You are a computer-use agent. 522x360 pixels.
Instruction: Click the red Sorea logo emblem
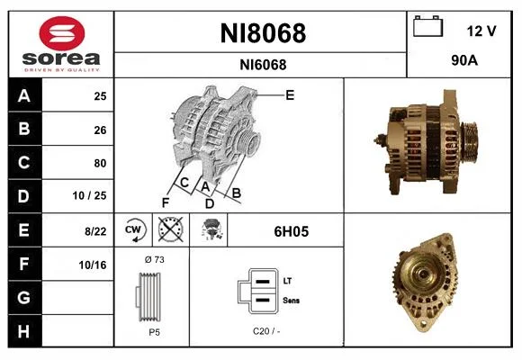click(x=62, y=33)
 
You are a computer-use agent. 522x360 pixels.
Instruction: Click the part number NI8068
click(x=263, y=33)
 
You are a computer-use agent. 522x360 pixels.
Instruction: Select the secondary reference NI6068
click(x=263, y=65)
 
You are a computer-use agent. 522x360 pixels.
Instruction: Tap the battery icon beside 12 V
click(x=427, y=26)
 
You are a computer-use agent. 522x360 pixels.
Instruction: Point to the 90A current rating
click(x=464, y=60)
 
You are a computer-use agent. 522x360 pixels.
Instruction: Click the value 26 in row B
click(x=100, y=130)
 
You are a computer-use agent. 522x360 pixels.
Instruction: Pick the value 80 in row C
click(x=100, y=163)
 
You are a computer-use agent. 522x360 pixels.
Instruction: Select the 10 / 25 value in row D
click(x=90, y=195)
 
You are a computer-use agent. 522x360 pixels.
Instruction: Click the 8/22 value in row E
click(x=95, y=230)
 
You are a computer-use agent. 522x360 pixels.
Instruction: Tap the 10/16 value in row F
click(x=93, y=265)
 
